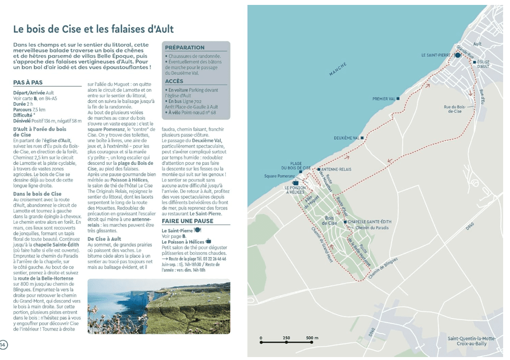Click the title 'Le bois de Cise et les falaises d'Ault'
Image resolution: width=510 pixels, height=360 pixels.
[x=93, y=30]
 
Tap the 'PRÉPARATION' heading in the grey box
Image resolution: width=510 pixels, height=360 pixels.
[x=185, y=48]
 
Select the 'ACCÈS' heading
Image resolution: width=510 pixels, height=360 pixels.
[x=174, y=81]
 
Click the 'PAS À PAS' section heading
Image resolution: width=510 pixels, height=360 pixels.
[x=28, y=84]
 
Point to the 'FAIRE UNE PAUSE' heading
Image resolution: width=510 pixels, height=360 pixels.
[x=187, y=221]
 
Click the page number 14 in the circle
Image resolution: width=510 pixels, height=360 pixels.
[x=4, y=344]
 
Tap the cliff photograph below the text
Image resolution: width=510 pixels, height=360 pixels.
[x=158, y=306]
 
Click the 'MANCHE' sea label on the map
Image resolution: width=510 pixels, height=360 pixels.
[x=338, y=69]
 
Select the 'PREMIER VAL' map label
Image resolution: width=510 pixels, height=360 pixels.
[x=384, y=99]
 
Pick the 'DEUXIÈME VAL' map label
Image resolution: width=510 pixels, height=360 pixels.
[x=347, y=138]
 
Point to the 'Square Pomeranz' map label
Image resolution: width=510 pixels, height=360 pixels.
[x=279, y=176]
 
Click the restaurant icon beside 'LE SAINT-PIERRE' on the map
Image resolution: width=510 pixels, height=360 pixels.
[x=457, y=56]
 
